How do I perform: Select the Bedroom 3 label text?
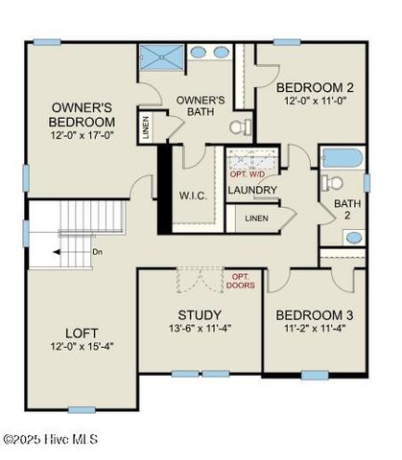(x=311, y=315)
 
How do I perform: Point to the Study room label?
(x=201, y=315)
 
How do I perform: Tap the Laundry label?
(x=252, y=190)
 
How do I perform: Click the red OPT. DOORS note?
(x=240, y=280)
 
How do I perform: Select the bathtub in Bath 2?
(x=341, y=158)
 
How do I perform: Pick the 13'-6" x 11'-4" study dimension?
(x=201, y=329)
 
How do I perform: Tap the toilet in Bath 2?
(x=334, y=182)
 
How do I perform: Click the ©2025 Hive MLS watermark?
(x=50, y=439)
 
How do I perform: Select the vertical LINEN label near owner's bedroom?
(x=146, y=128)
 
